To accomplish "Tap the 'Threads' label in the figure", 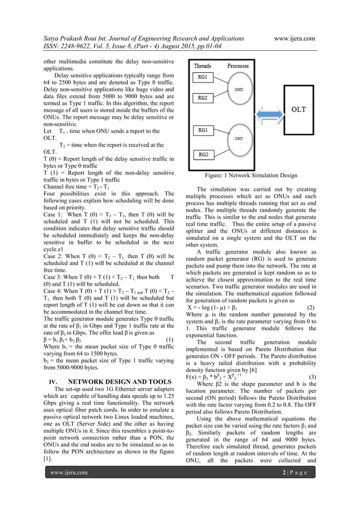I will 203,65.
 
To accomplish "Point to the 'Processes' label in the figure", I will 242,65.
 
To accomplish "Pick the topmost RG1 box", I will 202,76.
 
